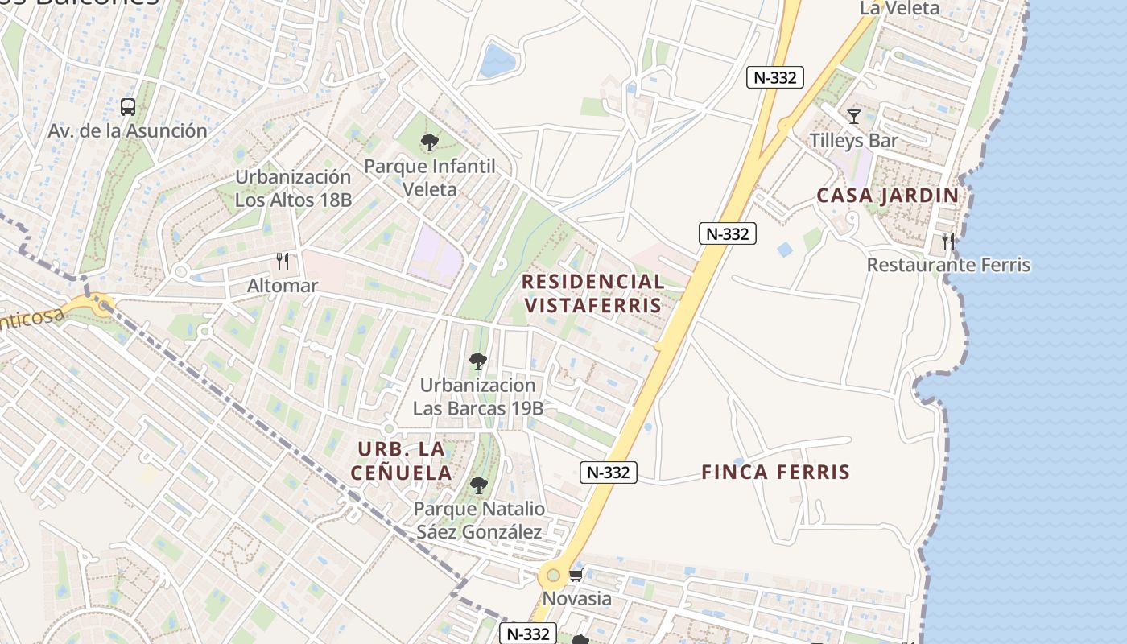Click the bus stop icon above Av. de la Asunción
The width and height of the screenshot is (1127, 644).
(127, 106)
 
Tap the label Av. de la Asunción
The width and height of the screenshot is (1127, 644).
(127, 130)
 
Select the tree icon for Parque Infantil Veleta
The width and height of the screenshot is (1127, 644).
(430, 143)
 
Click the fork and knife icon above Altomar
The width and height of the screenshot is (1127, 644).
(282, 261)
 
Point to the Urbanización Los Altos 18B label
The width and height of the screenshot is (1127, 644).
(293, 188)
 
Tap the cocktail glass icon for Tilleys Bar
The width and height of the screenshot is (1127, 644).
(854, 117)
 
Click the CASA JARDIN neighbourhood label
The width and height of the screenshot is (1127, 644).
(888, 196)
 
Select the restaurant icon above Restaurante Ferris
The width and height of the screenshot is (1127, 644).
(948, 241)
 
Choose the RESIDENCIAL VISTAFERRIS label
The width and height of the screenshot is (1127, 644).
(592, 293)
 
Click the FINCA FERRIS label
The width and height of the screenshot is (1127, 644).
(775, 472)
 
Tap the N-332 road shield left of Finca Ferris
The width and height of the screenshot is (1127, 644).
(609, 473)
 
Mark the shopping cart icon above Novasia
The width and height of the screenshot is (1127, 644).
(576, 575)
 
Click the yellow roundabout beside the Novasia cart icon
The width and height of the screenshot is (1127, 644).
(553, 576)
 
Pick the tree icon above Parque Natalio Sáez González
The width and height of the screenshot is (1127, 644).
(479, 485)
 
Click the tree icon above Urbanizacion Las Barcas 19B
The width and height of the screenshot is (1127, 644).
(478, 361)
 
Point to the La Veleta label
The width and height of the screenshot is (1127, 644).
(899, 8)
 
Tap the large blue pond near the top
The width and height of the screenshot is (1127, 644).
(497, 60)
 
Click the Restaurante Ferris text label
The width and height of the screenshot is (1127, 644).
(948, 265)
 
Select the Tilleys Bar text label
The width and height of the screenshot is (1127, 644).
(854, 140)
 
